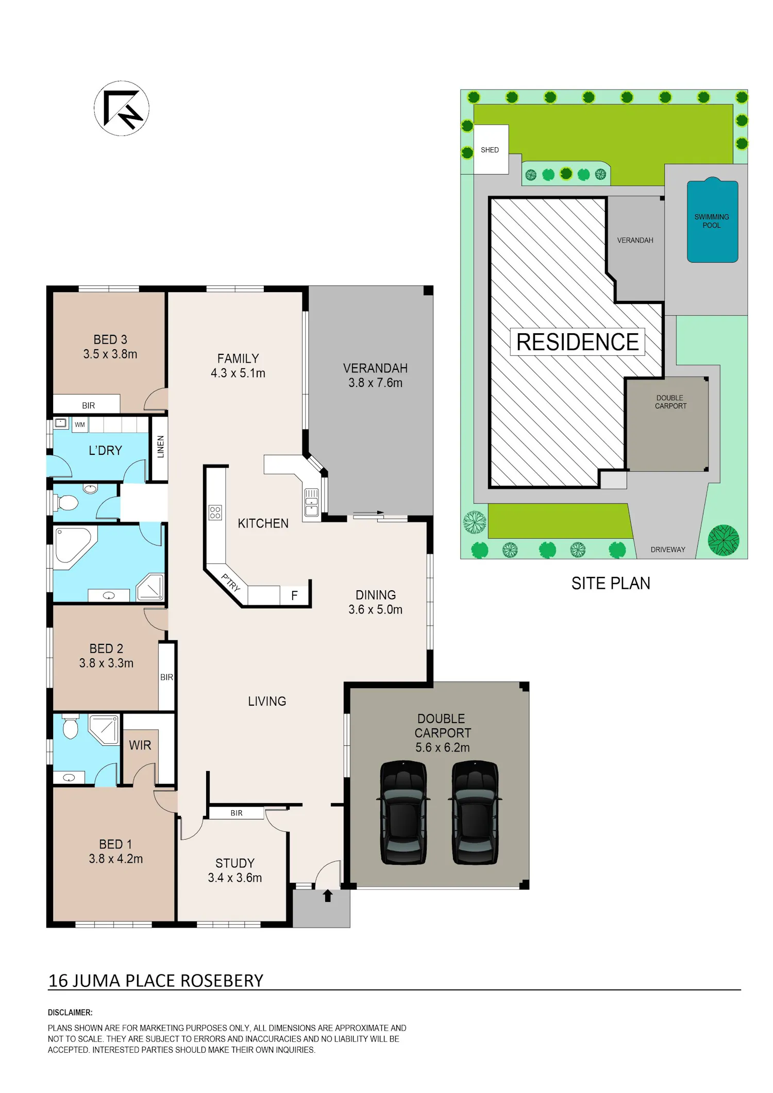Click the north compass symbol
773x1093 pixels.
(x=122, y=108)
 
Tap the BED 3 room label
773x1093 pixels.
(x=110, y=347)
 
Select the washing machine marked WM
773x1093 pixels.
(x=80, y=424)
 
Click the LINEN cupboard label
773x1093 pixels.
(x=160, y=447)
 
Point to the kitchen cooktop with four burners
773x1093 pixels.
(x=215, y=512)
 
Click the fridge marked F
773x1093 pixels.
(x=294, y=595)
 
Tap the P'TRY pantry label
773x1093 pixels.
(x=231, y=582)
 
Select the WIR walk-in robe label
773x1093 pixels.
(x=140, y=745)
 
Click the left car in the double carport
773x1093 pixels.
(x=404, y=813)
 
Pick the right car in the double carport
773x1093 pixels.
(x=475, y=813)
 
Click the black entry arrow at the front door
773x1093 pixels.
(x=328, y=896)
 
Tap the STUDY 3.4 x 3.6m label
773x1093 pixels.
(x=235, y=870)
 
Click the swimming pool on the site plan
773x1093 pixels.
(x=713, y=220)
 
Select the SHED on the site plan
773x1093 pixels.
(x=491, y=149)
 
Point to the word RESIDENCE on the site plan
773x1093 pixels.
(x=578, y=342)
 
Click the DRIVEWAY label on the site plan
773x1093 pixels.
(x=668, y=550)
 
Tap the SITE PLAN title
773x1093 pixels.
(x=611, y=583)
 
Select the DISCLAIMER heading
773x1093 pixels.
(x=70, y=1013)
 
